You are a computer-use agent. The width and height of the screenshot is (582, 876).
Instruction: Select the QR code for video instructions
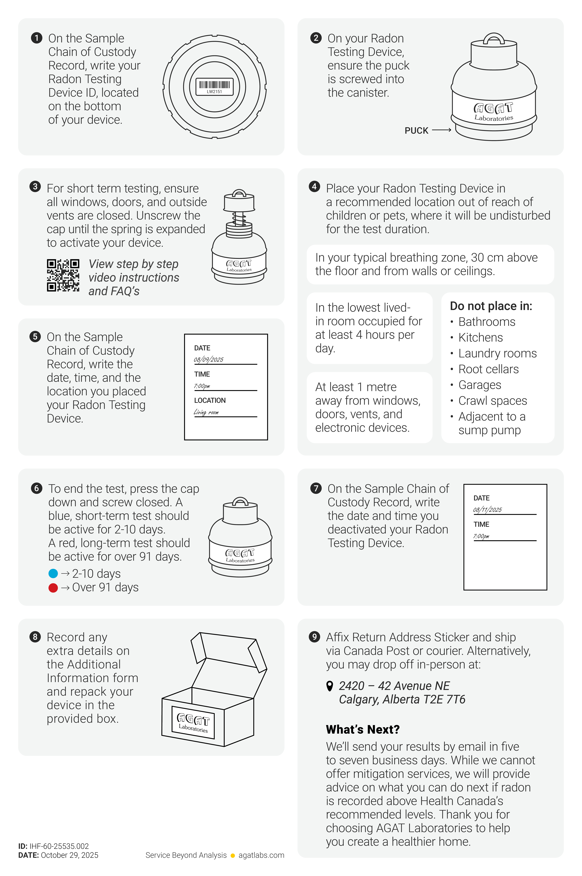pos(63,275)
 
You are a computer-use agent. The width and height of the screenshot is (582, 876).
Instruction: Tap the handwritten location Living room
pos(206,412)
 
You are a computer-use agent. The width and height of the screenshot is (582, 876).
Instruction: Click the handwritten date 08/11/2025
pos(487,510)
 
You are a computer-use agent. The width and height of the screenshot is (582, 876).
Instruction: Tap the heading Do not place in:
pos(491,306)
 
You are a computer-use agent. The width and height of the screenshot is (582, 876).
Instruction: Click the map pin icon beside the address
pos(329,686)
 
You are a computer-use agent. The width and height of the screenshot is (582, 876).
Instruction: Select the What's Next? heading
pos(363,730)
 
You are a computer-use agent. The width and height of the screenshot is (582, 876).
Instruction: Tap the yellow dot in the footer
pos(233,856)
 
